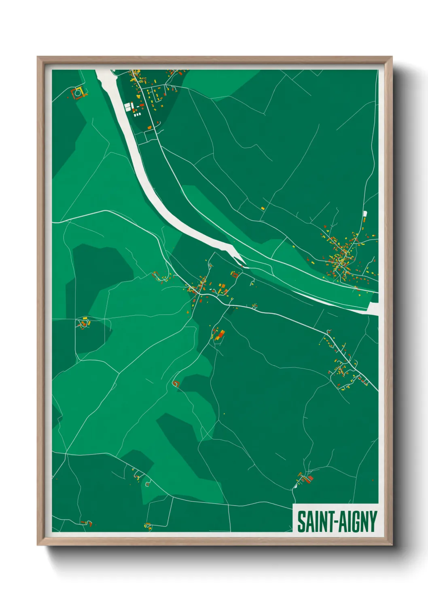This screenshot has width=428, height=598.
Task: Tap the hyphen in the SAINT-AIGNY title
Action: click(x=335, y=523)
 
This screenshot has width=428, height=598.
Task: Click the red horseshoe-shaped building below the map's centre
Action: click(x=176, y=383)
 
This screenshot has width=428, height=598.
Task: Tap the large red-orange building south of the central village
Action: click(x=221, y=335)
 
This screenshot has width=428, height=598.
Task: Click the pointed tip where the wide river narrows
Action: click(x=242, y=262)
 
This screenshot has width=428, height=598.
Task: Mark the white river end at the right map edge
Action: click(x=373, y=309)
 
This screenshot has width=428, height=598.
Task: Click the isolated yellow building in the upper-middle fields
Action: click(x=263, y=208)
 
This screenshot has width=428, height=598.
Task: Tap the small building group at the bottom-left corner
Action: click(x=86, y=523)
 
